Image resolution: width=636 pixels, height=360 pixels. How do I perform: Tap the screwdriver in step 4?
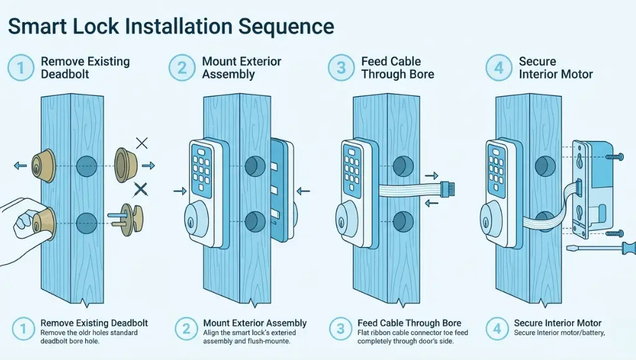pos(612,249)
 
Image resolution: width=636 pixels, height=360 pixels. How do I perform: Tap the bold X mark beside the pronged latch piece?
pos(142,188)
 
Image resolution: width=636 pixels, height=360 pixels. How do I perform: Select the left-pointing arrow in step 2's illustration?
pos(303,191)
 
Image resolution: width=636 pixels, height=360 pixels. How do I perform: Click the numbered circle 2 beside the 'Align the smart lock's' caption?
pos(184,328)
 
